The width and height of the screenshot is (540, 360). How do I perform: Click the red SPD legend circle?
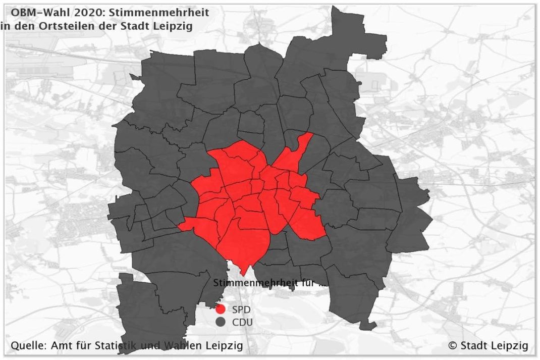(x=220, y=309)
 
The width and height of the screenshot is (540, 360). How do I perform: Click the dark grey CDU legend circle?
(x=220, y=322)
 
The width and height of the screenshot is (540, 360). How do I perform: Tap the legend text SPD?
(x=241, y=309)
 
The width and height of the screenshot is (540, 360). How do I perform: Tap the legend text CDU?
(x=242, y=322)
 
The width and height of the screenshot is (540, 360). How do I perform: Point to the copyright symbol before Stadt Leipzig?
(x=452, y=346)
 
